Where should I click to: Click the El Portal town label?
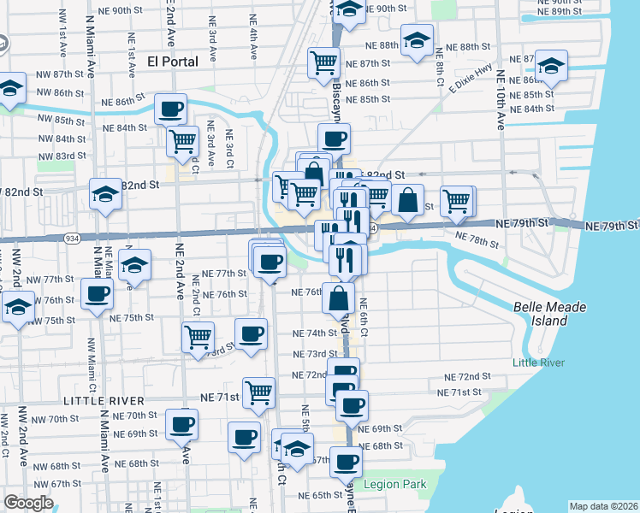[173, 61]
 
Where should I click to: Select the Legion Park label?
[394, 485]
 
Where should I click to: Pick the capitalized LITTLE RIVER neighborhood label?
[102, 399]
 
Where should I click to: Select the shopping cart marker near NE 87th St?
[324, 62]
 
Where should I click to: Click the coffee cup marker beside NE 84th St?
[170, 109]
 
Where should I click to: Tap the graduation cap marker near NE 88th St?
[417, 40]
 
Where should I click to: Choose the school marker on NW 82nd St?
[106, 195]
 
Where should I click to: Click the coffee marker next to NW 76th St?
[96, 293]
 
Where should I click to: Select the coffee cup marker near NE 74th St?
[251, 333]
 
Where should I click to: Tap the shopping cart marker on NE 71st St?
[258, 392]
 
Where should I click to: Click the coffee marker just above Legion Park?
[346, 462]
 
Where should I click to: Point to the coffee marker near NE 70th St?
[181, 423]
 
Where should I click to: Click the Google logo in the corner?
[28, 503]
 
